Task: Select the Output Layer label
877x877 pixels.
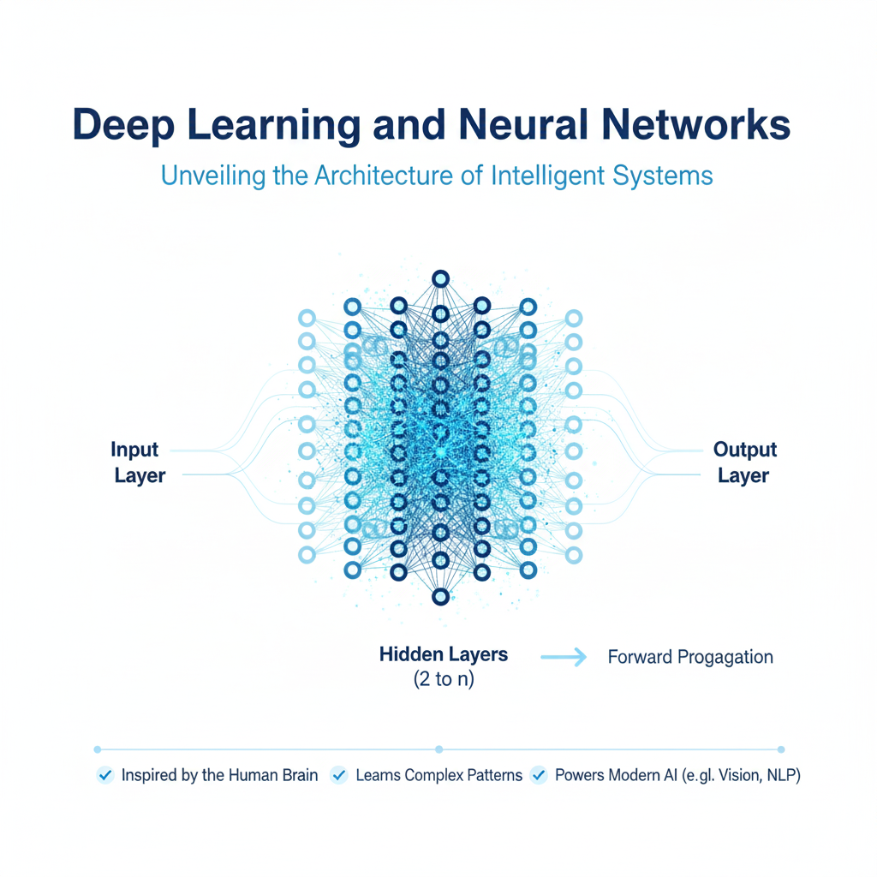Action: (744, 462)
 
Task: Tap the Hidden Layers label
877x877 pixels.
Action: (444, 655)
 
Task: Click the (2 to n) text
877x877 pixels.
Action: (444, 681)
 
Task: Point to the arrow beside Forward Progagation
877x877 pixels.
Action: (564, 657)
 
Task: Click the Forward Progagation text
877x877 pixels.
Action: (690, 658)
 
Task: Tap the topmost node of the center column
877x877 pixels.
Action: (441, 278)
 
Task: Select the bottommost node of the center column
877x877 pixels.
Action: (441, 596)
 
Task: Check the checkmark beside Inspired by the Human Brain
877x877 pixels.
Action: (106, 776)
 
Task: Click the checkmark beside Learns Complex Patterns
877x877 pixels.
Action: (339, 776)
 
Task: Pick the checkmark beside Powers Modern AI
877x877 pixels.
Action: (539, 776)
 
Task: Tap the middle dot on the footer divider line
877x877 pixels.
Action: (438, 748)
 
